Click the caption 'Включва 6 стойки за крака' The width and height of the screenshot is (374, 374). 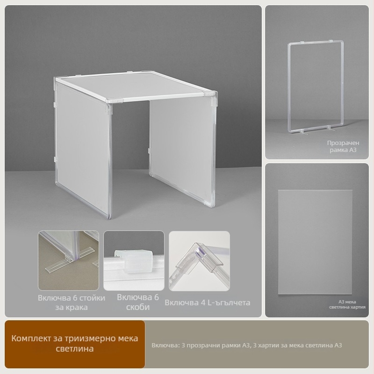click(72, 302)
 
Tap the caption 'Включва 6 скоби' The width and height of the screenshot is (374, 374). click(138, 302)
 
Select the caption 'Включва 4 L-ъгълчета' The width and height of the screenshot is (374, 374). click(208, 302)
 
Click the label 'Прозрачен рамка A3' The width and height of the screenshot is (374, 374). click(343, 146)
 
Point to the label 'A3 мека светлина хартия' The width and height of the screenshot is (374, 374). click(347, 304)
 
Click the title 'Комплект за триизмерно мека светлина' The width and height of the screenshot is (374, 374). click(75, 344)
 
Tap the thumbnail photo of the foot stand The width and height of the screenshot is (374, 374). click(68, 260)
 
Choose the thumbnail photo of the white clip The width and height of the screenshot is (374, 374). click(134, 260)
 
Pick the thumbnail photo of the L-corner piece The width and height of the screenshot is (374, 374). click(200, 261)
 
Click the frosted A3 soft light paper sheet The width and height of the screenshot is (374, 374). click(315, 242)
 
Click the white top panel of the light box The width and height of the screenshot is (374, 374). click(135, 86)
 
